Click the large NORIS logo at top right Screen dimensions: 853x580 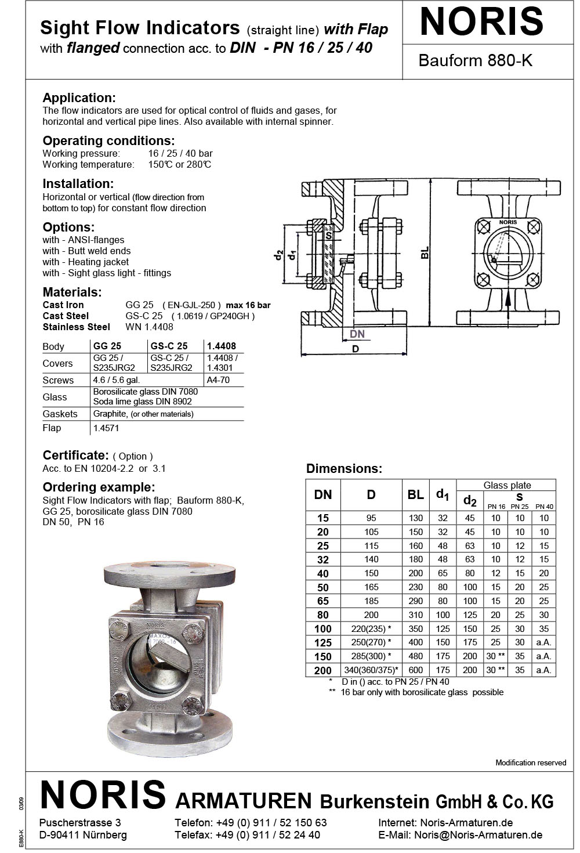pos(481,21)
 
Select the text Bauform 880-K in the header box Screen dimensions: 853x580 pos(475,60)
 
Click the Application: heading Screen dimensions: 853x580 pos(79,97)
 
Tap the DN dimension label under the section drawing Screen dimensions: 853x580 pos(358,334)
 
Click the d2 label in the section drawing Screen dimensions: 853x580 pos(279,255)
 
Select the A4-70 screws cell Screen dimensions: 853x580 pos(219,380)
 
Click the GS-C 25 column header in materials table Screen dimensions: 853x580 pos(169,346)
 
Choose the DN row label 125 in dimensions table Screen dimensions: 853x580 pos(323,642)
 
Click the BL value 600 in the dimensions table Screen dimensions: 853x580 pos(415,670)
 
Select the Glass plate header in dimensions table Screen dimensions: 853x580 pos(507,485)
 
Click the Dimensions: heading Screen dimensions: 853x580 pos(345,469)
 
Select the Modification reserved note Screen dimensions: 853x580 pos(530,762)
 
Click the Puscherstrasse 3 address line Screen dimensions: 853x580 pos(80,823)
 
